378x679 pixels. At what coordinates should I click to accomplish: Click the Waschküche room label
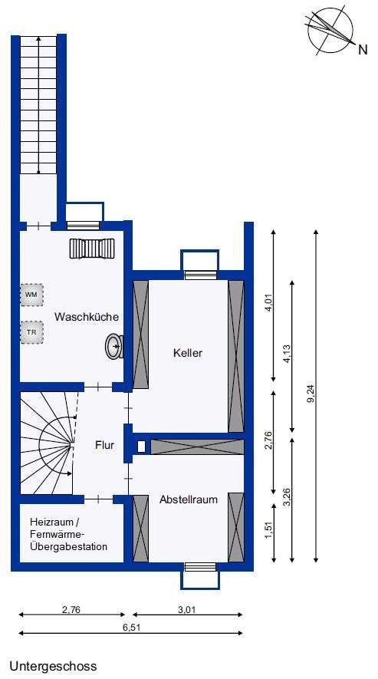click(x=86, y=316)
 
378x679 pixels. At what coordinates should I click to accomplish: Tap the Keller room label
click(x=188, y=354)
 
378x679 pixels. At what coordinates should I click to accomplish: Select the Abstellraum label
click(x=188, y=499)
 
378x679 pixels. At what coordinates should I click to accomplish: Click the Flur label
click(x=105, y=444)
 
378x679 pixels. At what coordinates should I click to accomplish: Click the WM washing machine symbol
click(x=31, y=295)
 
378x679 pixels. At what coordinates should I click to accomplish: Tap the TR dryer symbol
click(x=31, y=332)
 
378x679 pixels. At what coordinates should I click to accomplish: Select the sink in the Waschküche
click(x=113, y=346)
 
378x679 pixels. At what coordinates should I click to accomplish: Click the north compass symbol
click(x=331, y=32)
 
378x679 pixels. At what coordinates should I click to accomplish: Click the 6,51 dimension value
click(x=131, y=627)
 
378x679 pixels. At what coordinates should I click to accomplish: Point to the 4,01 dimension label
click(x=268, y=305)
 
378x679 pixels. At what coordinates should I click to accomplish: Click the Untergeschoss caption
click(x=54, y=666)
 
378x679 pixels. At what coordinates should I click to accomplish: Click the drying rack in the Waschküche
click(x=91, y=249)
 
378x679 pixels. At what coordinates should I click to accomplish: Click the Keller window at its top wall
click(x=200, y=273)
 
